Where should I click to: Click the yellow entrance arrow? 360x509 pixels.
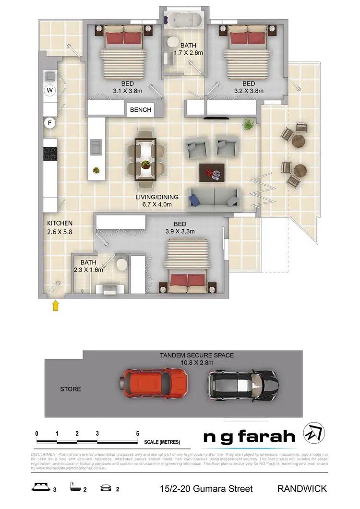click(x=56, y=306)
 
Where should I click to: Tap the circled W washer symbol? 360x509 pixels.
click(x=50, y=90)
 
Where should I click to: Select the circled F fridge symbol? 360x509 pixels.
click(x=50, y=123)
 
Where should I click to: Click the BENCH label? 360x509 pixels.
click(x=141, y=110)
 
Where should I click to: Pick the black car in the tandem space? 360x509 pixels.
click(x=242, y=384)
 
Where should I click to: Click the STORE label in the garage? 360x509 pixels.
click(x=70, y=389)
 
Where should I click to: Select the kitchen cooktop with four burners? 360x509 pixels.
click(x=50, y=154)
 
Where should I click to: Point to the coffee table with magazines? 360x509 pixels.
click(x=213, y=172)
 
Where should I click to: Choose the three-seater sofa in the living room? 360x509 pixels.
click(x=213, y=196)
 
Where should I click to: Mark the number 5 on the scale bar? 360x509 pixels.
click(x=138, y=434)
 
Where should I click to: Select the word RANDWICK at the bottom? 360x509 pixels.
click(x=302, y=489)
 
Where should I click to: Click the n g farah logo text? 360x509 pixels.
click(x=249, y=437)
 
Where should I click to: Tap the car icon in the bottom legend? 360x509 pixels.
click(x=105, y=489)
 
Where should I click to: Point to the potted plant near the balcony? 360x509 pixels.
click(x=248, y=124)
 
